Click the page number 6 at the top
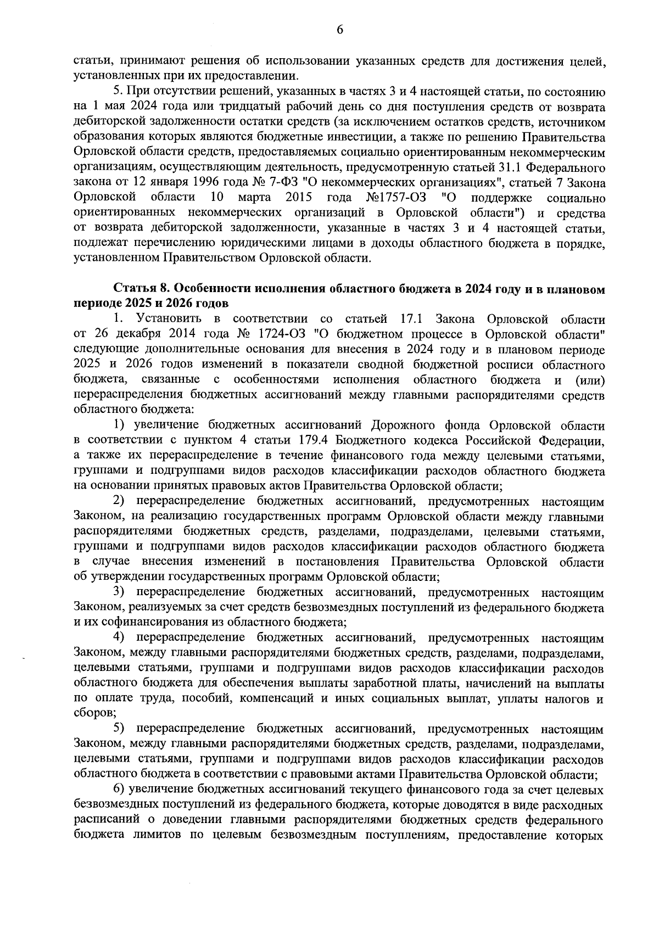click(x=339, y=30)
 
